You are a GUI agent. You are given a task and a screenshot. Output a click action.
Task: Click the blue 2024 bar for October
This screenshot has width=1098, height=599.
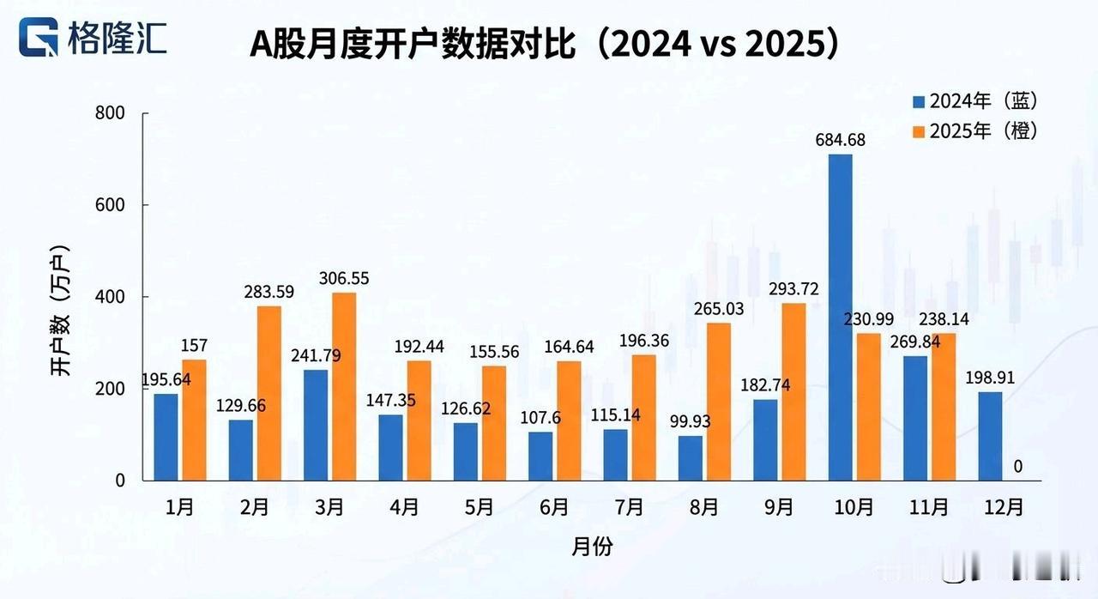tap(840, 318)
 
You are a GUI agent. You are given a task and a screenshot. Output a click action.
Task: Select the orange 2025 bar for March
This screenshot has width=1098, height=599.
tap(343, 386)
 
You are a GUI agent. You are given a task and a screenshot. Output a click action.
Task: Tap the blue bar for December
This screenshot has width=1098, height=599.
tap(990, 436)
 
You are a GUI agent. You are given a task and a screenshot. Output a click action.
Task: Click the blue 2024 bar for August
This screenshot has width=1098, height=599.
tap(691, 458)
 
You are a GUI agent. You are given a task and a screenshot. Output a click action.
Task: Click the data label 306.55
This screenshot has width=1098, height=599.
tap(341, 279)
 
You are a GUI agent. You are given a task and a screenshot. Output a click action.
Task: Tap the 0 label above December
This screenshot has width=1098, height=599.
tap(1017, 466)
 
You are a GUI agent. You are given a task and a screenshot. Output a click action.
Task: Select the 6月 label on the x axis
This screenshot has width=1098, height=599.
tap(554, 507)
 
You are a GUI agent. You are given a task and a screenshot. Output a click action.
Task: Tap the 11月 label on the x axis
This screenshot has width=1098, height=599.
tap(929, 507)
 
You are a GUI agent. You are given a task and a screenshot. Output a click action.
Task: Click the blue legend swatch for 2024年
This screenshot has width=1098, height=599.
tap(920, 101)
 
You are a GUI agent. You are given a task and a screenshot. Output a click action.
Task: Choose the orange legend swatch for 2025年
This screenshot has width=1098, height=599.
tap(920, 131)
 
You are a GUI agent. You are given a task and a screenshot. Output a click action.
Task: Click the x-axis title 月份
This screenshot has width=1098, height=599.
tap(591, 547)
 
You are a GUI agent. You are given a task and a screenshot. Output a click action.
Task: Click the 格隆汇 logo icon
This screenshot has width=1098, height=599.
tap(39, 39)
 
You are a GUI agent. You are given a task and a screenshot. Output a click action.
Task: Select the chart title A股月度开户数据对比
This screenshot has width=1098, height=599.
tap(412, 45)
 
